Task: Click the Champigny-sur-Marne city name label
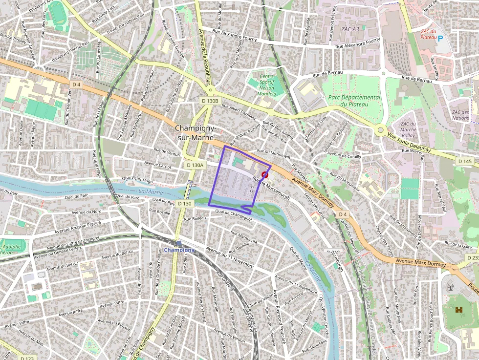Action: pyautogui.click(x=195, y=132)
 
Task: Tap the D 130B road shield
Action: pyautogui.click(x=211, y=100)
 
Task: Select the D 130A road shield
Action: pyautogui.click(x=195, y=165)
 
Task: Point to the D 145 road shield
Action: pyautogui.click(x=465, y=161)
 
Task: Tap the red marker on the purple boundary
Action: pyautogui.click(x=265, y=174)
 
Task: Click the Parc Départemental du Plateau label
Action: pyautogui.click(x=354, y=101)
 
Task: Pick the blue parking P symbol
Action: pyautogui.click(x=440, y=38)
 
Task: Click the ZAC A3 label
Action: pyautogui.click(x=350, y=29)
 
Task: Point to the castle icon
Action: pyautogui.click(x=458, y=310)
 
